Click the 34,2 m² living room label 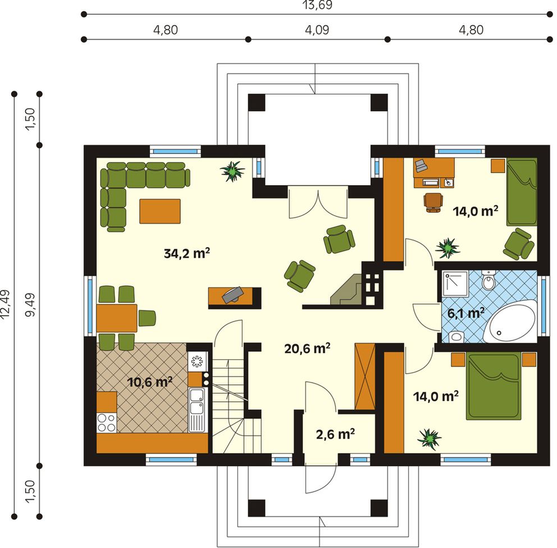point(187,253)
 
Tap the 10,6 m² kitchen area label point(150,382)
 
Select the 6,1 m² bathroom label point(466,313)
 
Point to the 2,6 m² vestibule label point(335,433)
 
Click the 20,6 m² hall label point(307,349)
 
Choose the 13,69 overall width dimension point(317,5)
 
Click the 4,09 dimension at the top point(317,30)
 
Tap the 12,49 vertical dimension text point(6,305)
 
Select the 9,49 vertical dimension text point(31,305)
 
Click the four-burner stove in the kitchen point(107,423)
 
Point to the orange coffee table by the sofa point(160,211)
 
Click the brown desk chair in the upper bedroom point(433,203)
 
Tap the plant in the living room point(232,171)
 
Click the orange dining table point(117,318)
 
